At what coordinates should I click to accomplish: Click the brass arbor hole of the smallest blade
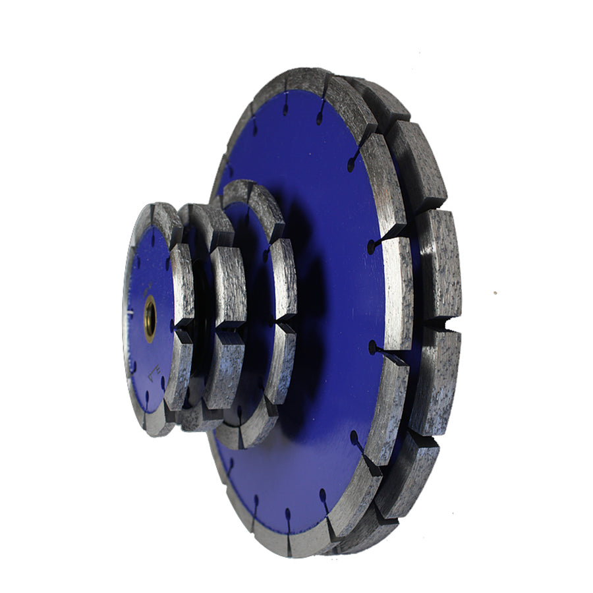point(150,318)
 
